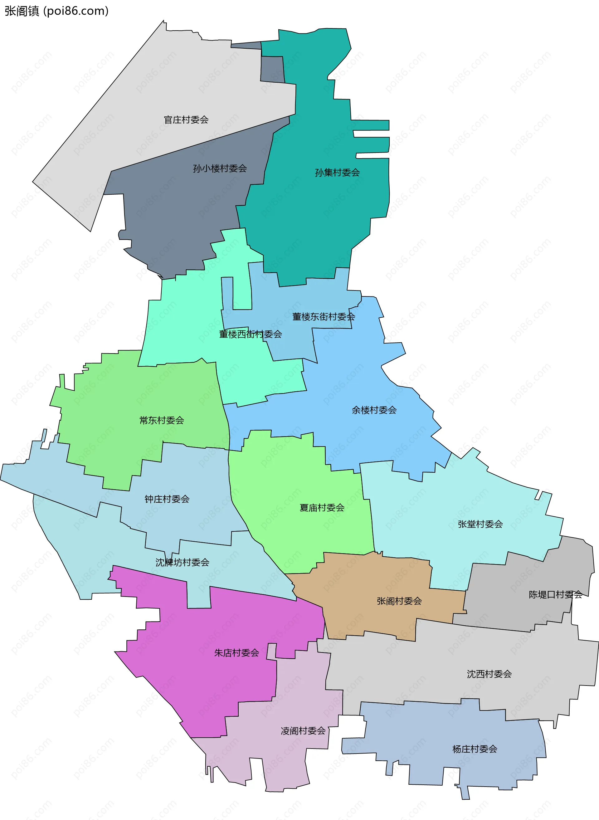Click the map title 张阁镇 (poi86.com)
pos(56,11)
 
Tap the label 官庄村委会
pos(186,120)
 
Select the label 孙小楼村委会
pos(220,168)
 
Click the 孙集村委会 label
pos(337,173)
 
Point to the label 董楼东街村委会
pos(324,317)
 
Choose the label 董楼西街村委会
pos(250,334)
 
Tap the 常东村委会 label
pos(162,420)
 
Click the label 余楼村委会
pos(374,410)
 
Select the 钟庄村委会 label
pos(167,499)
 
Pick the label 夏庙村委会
pos(322,508)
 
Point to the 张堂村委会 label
pos(480,524)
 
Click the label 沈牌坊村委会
pos(183,562)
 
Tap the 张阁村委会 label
pos(399,601)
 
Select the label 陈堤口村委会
pos(555,594)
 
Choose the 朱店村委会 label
pos(236,653)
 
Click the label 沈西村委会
pos(489,674)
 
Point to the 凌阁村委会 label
pos(303,731)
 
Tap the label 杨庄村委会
pos(475,749)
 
